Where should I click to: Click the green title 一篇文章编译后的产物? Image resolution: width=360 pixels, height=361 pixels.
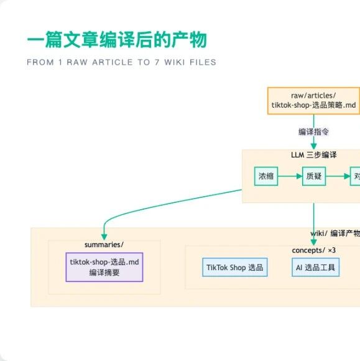[117, 40]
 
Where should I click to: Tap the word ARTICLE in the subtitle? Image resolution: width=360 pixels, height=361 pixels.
[99, 62]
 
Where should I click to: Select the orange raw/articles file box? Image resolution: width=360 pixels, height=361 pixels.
[313, 100]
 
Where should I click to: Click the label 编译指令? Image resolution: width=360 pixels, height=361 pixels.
[313, 132]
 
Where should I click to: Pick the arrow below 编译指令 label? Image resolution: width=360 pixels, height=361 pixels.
[313, 143]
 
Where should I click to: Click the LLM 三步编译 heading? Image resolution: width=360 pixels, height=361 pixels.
[313, 154]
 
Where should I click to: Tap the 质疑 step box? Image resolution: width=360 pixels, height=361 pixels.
[313, 176]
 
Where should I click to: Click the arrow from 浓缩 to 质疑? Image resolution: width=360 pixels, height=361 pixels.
[290, 176]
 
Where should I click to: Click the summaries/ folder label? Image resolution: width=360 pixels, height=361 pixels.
[104, 244]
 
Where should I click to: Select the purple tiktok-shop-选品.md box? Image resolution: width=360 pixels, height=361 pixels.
[104, 267]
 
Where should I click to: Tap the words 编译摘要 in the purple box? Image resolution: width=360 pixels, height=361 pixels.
[104, 272]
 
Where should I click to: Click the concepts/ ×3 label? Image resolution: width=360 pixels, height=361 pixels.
[313, 250]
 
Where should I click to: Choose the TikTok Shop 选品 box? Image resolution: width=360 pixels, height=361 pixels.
[235, 268]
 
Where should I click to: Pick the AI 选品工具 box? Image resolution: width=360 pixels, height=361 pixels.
[315, 268]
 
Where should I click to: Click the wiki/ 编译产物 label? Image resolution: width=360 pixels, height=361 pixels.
[335, 233]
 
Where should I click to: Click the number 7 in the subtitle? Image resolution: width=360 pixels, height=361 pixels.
[157, 62]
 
